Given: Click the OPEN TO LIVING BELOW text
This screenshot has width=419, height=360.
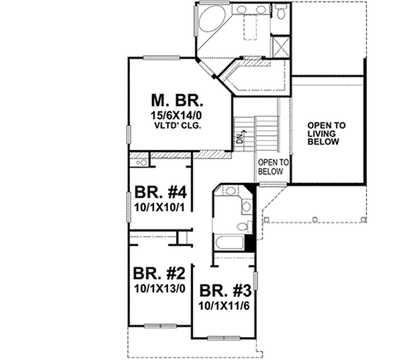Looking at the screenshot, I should click(x=325, y=134).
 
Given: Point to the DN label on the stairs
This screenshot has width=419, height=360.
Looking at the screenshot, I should click(x=240, y=138).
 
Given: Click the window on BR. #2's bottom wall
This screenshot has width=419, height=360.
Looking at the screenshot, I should click(x=160, y=324).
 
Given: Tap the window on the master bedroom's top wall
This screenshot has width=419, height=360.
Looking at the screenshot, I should click(x=161, y=57).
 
